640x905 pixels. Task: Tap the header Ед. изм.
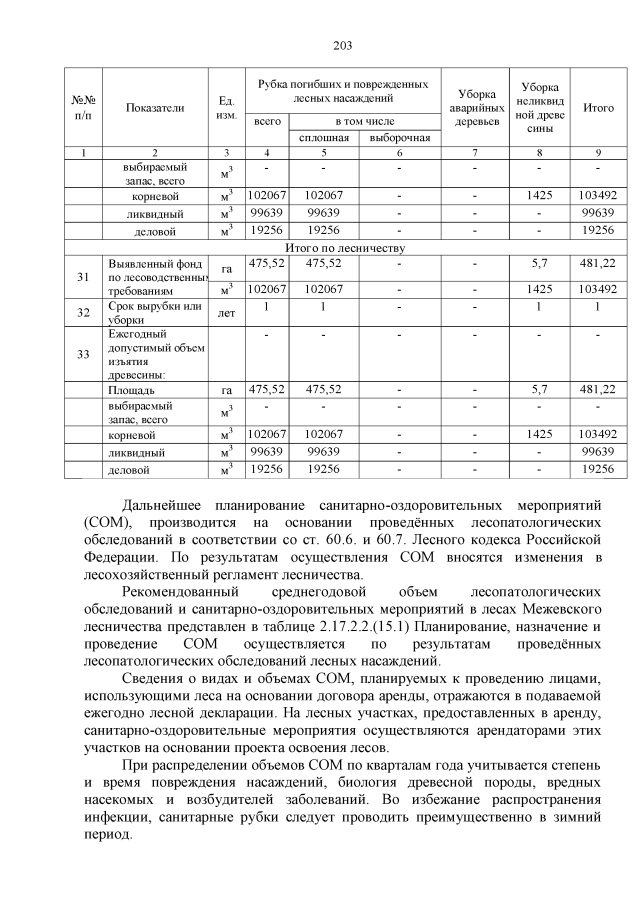pyautogui.click(x=225, y=108)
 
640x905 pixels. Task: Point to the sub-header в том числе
pyautogui.click(x=361, y=121)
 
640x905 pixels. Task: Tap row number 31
pyautogui.click(x=84, y=277)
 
